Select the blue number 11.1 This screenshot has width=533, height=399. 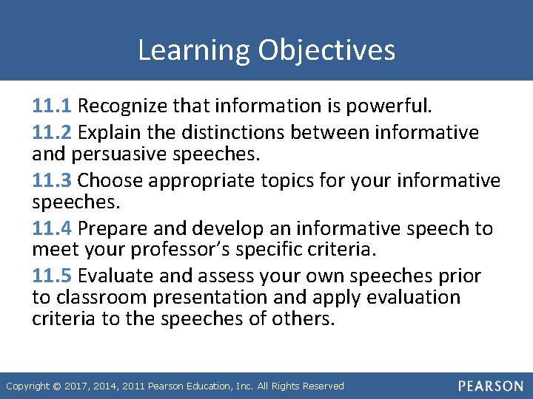click(53, 106)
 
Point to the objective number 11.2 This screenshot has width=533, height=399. click(53, 132)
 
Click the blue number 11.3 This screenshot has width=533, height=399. click(53, 180)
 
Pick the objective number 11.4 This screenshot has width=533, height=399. click(53, 228)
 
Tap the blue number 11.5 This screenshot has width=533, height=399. click(53, 276)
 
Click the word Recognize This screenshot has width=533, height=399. click(122, 106)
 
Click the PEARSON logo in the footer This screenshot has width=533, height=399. click(489, 386)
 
